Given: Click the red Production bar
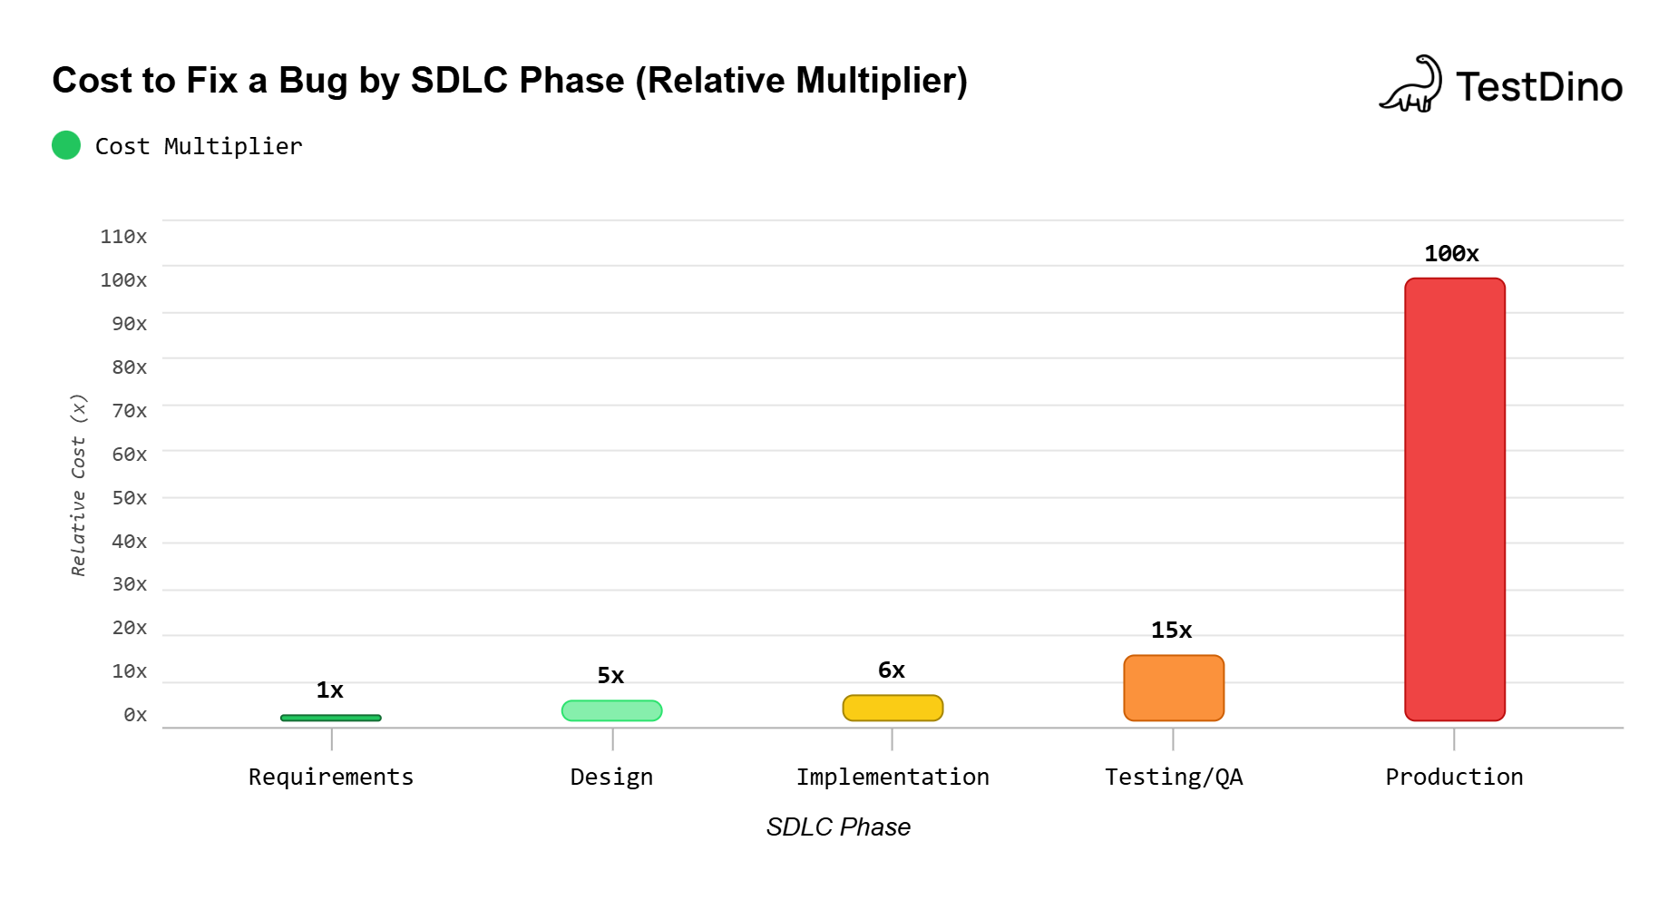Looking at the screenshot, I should [x=1454, y=499].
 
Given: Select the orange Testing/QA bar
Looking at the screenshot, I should [x=1173, y=688].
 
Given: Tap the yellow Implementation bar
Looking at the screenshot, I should [x=893, y=708].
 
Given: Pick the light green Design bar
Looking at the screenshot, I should [x=611, y=710].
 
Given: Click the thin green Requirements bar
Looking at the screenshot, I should [x=331, y=718].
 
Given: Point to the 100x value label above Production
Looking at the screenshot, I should [x=1451, y=254].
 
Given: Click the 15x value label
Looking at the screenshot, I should [x=1171, y=631].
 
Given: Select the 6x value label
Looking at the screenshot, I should [x=891, y=670].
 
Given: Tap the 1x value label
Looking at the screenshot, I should [x=329, y=690].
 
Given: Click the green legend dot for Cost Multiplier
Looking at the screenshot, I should [x=66, y=145].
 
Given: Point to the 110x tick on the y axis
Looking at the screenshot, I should [x=123, y=237].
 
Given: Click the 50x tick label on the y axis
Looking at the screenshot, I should [x=129, y=498].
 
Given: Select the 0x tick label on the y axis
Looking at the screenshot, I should [x=135, y=715].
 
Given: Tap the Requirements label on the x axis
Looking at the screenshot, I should [x=331, y=778].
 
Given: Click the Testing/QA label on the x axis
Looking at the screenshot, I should [x=1173, y=778].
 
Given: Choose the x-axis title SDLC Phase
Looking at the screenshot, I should [x=838, y=827].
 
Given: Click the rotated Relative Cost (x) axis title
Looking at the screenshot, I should [x=79, y=484].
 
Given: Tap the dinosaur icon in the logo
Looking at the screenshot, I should [x=1411, y=84].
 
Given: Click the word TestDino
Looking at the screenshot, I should [x=1538, y=87].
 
